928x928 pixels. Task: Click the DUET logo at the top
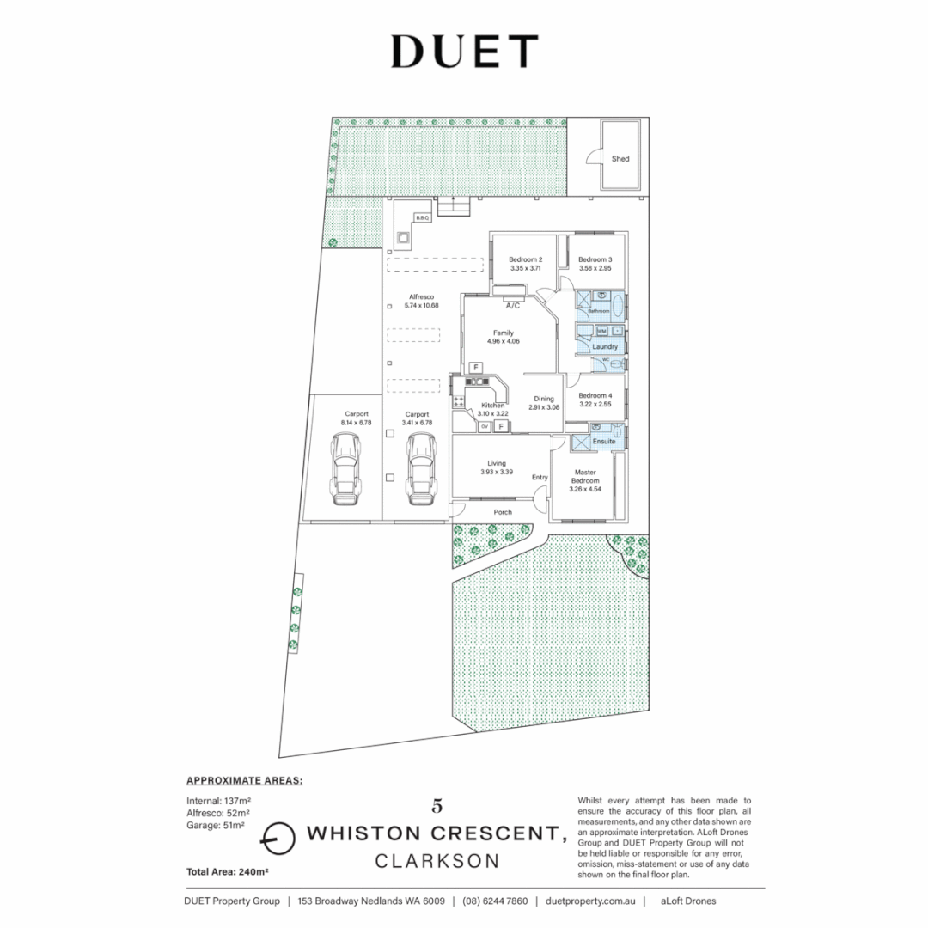coord(464,52)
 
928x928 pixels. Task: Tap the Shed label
coord(620,159)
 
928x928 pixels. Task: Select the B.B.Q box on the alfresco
coord(422,218)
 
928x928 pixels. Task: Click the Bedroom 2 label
coord(525,259)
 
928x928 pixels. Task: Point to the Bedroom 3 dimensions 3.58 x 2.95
coord(595,269)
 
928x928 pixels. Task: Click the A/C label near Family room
coord(513,306)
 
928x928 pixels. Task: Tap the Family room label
coord(503,333)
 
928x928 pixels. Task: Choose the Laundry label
coord(605,346)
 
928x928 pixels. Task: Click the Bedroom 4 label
coord(595,395)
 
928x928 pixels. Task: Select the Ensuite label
coord(604,441)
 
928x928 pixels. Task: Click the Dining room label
coord(544,399)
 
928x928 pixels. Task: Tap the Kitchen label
coord(492,405)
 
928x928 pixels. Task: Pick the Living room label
coord(497,463)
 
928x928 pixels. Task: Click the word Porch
coord(503,512)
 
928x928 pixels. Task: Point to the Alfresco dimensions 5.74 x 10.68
coord(421,305)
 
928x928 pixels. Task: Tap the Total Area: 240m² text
coord(228,872)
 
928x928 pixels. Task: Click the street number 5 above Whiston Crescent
coord(438,806)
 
